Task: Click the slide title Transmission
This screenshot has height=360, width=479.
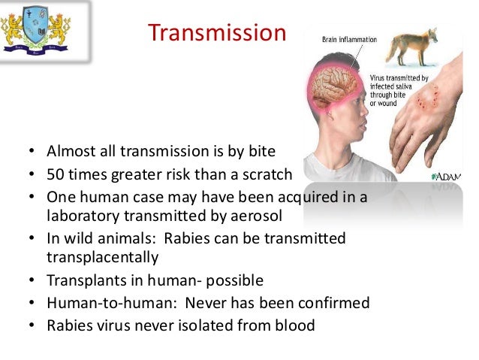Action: [217, 34]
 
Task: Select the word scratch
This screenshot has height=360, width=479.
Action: [264, 175]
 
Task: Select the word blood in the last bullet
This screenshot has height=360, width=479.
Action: [294, 325]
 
